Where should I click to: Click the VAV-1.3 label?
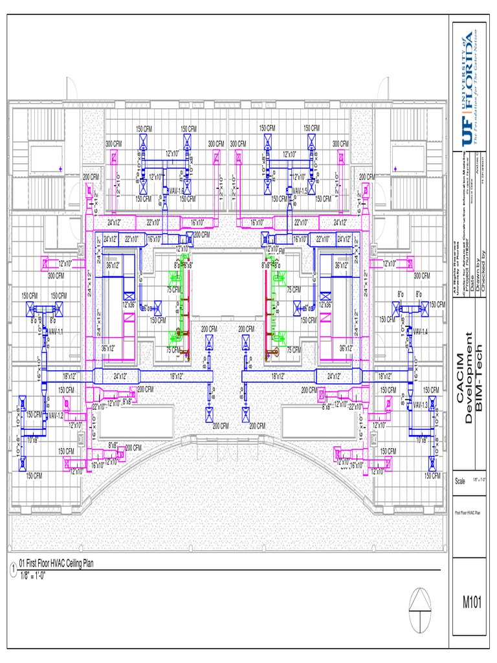click(421, 405)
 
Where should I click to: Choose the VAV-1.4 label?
click(421, 331)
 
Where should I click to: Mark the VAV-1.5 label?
click(300, 192)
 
